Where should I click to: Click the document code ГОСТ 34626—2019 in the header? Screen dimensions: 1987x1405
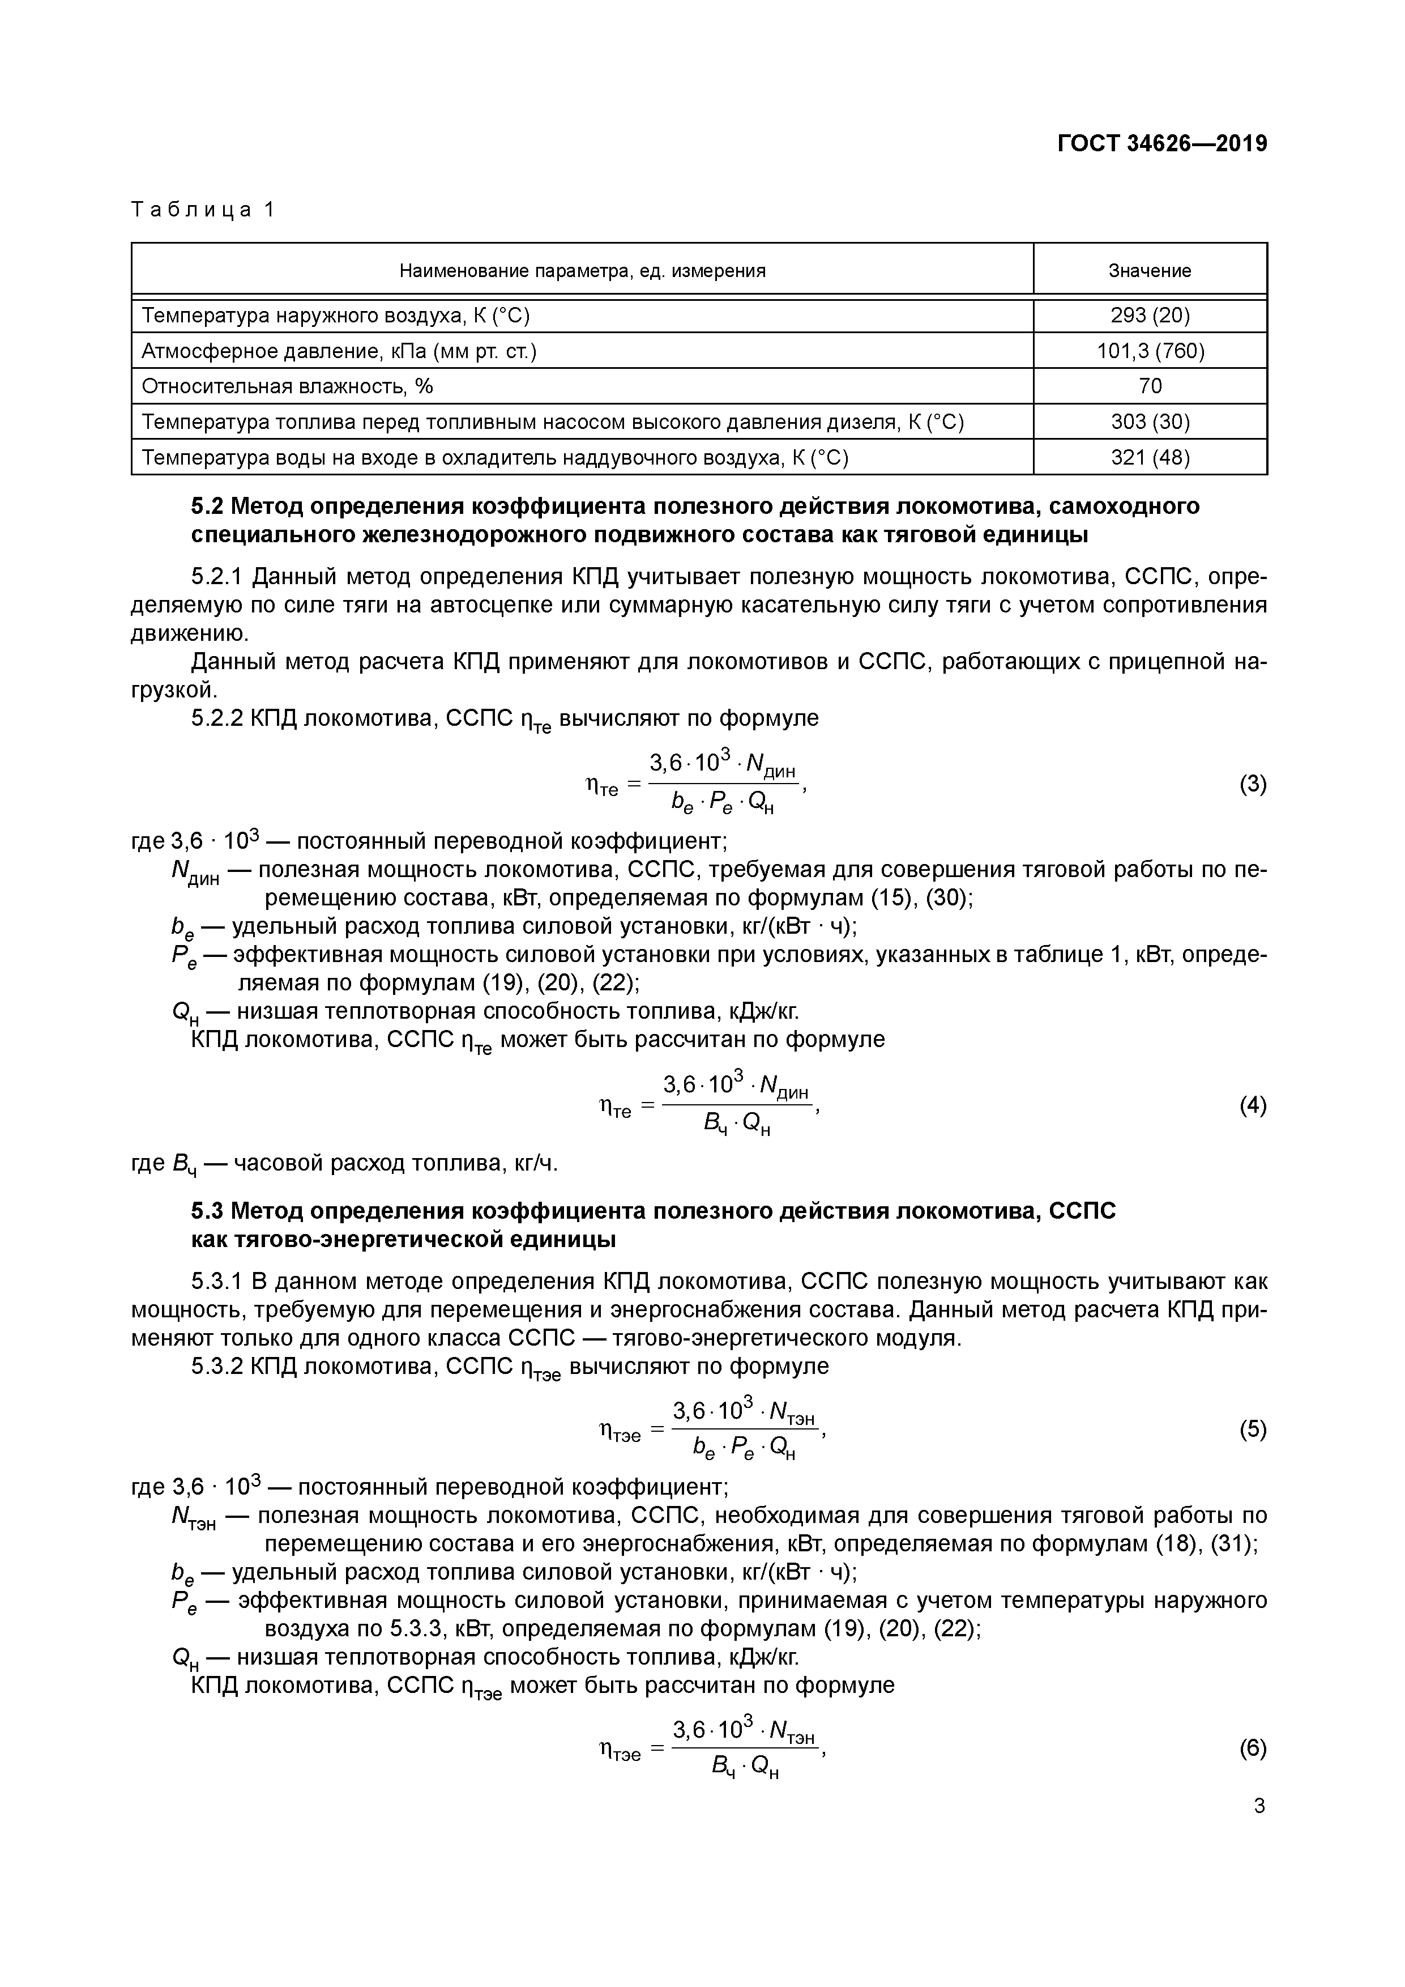tap(1162, 144)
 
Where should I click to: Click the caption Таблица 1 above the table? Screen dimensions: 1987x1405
tap(202, 210)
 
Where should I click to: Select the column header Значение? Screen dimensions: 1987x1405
tap(1149, 271)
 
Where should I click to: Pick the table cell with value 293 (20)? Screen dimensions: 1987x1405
tap(1150, 316)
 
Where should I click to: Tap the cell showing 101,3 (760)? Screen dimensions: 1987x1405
tap(1150, 351)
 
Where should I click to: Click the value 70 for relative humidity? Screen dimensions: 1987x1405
tap(1150, 386)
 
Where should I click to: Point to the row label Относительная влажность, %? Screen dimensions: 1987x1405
tap(287, 386)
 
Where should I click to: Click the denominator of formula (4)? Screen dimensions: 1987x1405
tap(737, 1124)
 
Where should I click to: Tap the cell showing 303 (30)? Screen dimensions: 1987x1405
tap(1150, 422)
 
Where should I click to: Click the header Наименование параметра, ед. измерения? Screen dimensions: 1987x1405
tap(582, 271)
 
